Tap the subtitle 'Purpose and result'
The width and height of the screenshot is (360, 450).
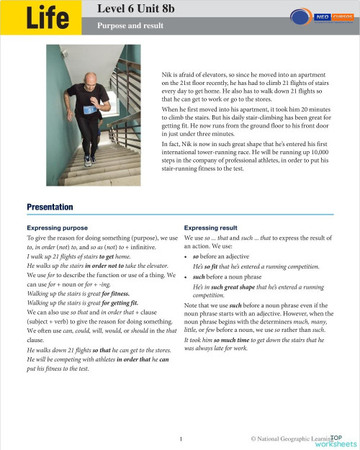130,26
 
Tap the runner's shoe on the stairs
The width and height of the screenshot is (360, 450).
88,161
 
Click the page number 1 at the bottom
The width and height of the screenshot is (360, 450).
181,438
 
